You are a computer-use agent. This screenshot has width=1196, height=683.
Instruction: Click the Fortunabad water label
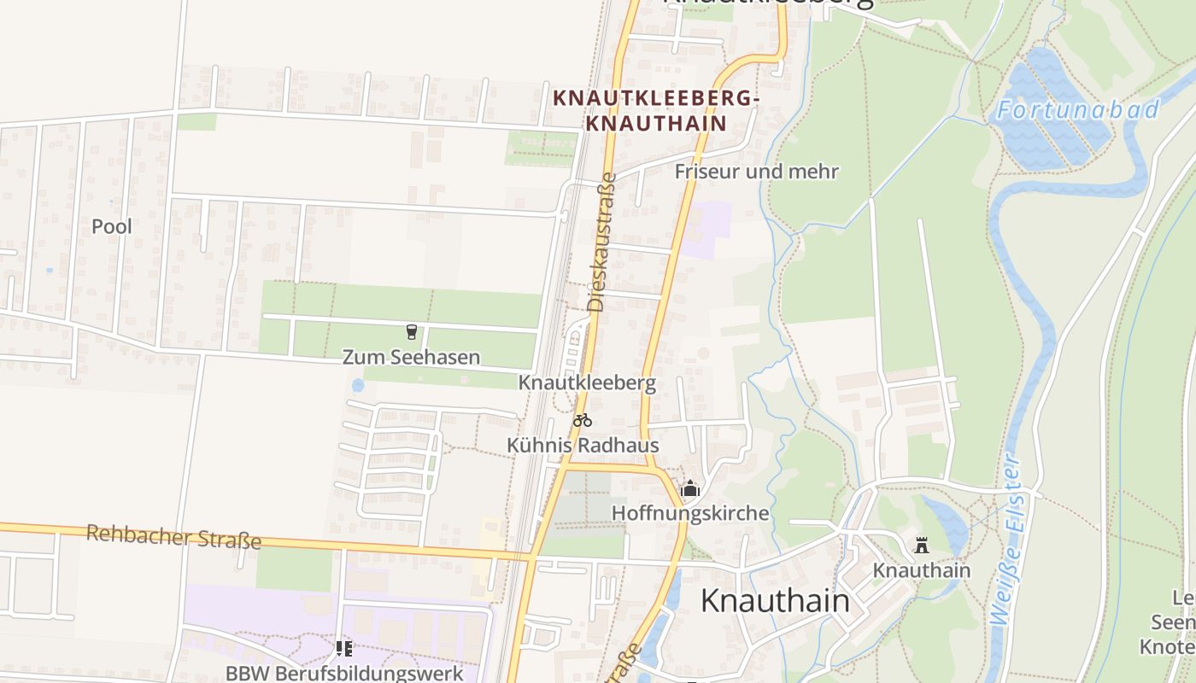pos(1078,109)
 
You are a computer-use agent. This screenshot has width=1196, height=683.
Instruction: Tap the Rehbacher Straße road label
pos(173,537)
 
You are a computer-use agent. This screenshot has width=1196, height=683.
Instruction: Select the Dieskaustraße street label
pos(601,242)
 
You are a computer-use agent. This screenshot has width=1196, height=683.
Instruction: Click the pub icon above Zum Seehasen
pos(412,331)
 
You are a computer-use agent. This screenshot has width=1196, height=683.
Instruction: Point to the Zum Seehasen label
pos(411,357)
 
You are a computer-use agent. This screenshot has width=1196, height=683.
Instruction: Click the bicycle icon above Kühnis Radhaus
pos(583,419)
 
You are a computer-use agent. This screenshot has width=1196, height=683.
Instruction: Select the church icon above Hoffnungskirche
pos(689,488)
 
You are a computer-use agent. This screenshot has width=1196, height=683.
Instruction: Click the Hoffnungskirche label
pos(690,513)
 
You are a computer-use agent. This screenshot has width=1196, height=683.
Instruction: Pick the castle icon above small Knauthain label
pos(921,545)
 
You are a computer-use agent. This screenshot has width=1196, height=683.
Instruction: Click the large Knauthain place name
pos(775,600)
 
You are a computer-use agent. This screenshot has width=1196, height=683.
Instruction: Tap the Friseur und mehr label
pos(756,172)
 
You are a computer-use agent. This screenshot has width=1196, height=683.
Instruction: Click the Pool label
pos(112,226)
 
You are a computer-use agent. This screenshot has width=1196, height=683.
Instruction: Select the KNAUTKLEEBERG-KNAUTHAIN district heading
pos(655,111)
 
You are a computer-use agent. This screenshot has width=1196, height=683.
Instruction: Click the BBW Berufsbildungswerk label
pos(344,673)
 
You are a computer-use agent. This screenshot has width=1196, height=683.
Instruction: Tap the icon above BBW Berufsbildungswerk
pos(344,648)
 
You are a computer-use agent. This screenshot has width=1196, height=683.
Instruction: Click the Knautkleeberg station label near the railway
pos(587,382)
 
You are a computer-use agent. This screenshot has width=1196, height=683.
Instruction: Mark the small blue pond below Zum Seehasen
pos(357,385)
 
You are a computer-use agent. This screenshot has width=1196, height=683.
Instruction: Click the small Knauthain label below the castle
pos(921,569)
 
